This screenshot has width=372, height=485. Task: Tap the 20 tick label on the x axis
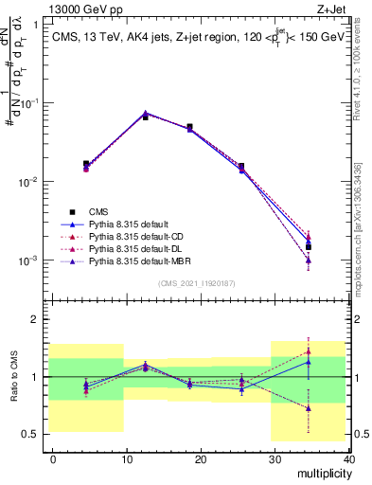(x=201, y=458)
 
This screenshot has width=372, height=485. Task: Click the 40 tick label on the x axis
(x=348, y=458)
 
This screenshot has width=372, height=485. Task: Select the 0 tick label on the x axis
(x=53, y=458)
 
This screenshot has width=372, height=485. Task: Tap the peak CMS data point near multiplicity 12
(x=145, y=117)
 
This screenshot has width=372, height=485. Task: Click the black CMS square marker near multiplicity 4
(x=86, y=164)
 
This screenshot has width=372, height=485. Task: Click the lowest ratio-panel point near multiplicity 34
(x=309, y=408)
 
